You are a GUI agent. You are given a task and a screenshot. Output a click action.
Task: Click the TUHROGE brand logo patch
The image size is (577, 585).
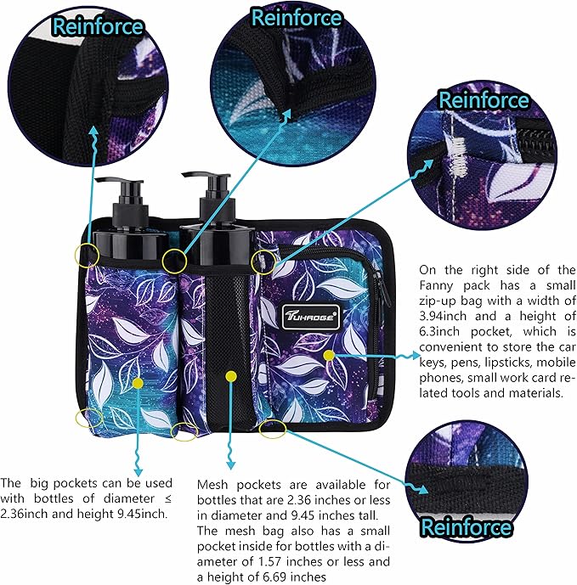[x=311, y=317]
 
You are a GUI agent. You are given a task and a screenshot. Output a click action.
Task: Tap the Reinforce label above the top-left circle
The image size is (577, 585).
[x=98, y=26]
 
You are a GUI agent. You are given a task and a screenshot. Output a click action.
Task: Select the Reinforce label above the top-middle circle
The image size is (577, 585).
[x=297, y=18]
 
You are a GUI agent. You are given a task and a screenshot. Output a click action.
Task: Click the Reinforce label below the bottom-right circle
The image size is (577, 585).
[x=466, y=526]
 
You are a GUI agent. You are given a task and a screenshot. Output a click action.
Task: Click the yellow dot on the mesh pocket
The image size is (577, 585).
[x=231, y=376]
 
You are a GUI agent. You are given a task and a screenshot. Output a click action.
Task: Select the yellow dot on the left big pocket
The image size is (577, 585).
[x=138, y=383]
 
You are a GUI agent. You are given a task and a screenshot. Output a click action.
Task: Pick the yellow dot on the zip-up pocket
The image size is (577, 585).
[x=329, y=355]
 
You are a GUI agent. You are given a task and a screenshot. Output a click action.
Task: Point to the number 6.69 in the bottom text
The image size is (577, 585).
[x=270, y=577]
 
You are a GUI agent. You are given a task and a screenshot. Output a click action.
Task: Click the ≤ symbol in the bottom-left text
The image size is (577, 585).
[x=167, y=498]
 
